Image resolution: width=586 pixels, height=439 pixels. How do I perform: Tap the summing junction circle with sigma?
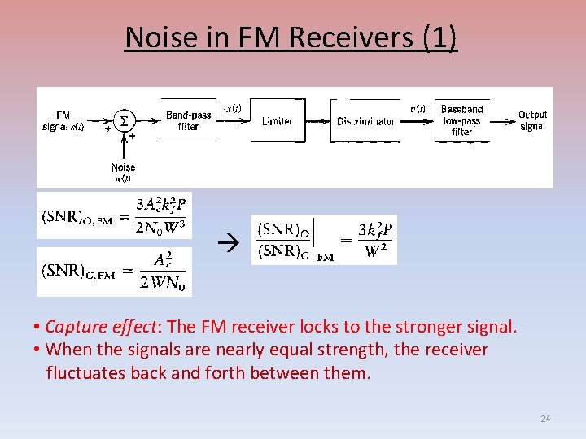tap(124, 121)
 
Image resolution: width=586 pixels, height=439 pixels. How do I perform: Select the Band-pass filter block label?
tap(188, 121)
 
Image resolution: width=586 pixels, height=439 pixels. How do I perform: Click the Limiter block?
tap(278, 121)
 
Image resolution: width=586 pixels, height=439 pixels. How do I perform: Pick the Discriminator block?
tap(366, 121)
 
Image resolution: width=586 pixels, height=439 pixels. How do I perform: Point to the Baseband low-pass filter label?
tap(461, 120)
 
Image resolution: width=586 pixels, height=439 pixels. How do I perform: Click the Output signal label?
tap(532, 120)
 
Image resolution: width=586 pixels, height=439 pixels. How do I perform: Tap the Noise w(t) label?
tap(124, 172)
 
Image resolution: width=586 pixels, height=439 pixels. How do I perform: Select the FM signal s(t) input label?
tap(63, 120)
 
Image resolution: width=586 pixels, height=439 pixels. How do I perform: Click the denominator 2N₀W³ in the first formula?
tap(160, 227)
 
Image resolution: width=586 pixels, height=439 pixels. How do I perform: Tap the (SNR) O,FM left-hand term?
tap(74, 218)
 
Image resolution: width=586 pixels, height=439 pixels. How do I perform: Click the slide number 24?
tap(545, 419)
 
